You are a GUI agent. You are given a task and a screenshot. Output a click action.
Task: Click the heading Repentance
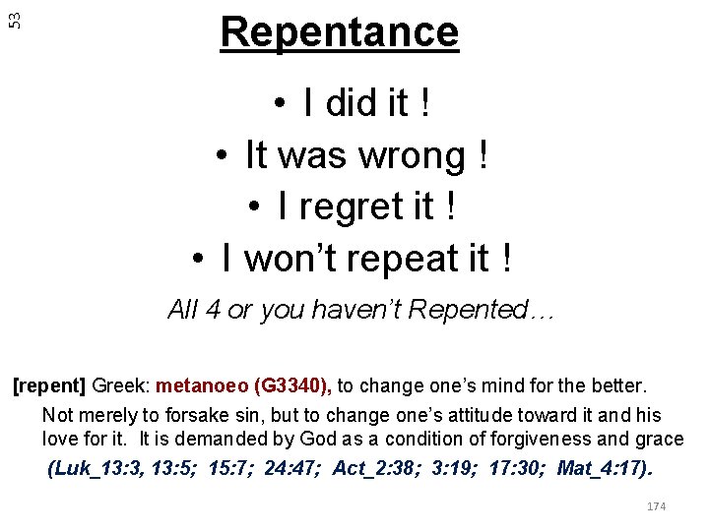point(340,32)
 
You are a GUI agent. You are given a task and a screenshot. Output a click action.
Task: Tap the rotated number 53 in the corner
point(13,17)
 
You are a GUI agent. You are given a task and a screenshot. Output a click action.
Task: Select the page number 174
point(656,506)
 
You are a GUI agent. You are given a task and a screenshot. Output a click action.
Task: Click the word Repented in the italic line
point(469,311)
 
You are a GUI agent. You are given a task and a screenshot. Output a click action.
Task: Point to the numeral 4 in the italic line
point(213,311)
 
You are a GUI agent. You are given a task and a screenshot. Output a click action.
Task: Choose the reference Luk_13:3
point(92,468)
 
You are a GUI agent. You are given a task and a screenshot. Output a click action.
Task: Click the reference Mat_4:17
point(604,468)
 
